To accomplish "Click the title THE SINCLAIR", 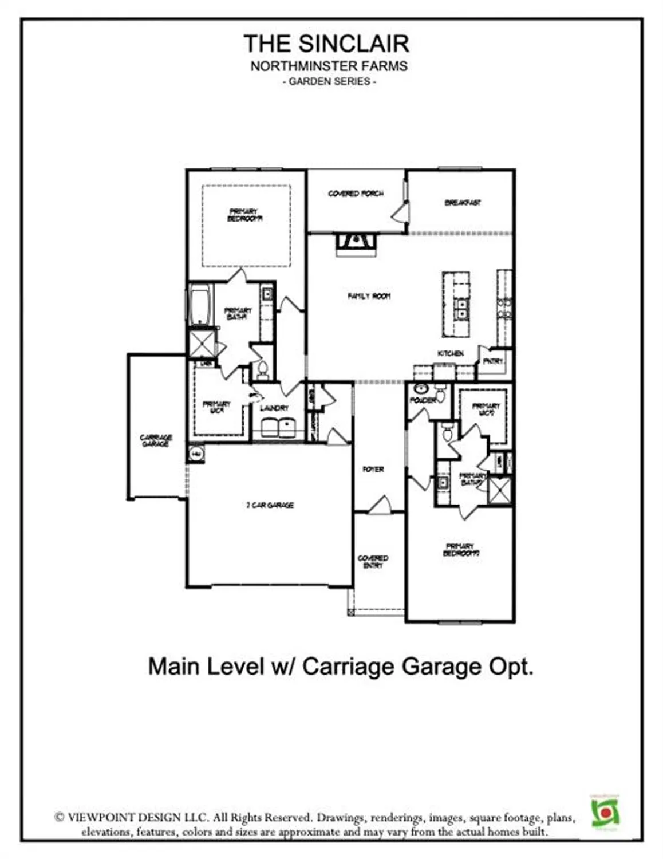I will (326, 44).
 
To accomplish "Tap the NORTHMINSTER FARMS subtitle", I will (329, 66).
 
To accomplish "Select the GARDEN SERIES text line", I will (329, 81).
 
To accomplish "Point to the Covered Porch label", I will (356, 194).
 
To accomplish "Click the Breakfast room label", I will (463, 203).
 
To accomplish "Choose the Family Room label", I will (369, 296).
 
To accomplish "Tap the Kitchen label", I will (451, 353).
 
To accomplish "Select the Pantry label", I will (493, 361).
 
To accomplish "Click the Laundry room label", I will (274, 408).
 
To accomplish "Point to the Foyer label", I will (373, 469).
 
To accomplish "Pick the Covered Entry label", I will (373, 561).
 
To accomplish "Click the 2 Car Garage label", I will (270, 505).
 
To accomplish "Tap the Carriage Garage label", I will (156, 440).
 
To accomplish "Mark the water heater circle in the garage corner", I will (196, 454).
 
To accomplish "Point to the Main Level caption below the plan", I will (341, 667).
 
